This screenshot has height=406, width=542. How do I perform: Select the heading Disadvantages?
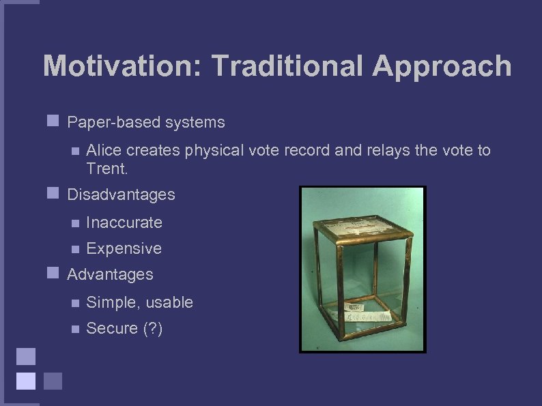[121, 194]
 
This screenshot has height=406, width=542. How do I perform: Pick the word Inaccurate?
[124, 222]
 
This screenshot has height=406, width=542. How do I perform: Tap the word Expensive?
[124, 248]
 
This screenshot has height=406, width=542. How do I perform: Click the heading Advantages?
[110, 274]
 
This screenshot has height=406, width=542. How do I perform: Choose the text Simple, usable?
[140, 302]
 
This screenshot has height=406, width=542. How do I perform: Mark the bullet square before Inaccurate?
[75, 222]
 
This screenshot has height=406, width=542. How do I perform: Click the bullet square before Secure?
[75, 328]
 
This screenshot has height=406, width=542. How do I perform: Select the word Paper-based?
[109, 122]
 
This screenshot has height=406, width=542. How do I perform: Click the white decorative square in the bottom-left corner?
[26, 380]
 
